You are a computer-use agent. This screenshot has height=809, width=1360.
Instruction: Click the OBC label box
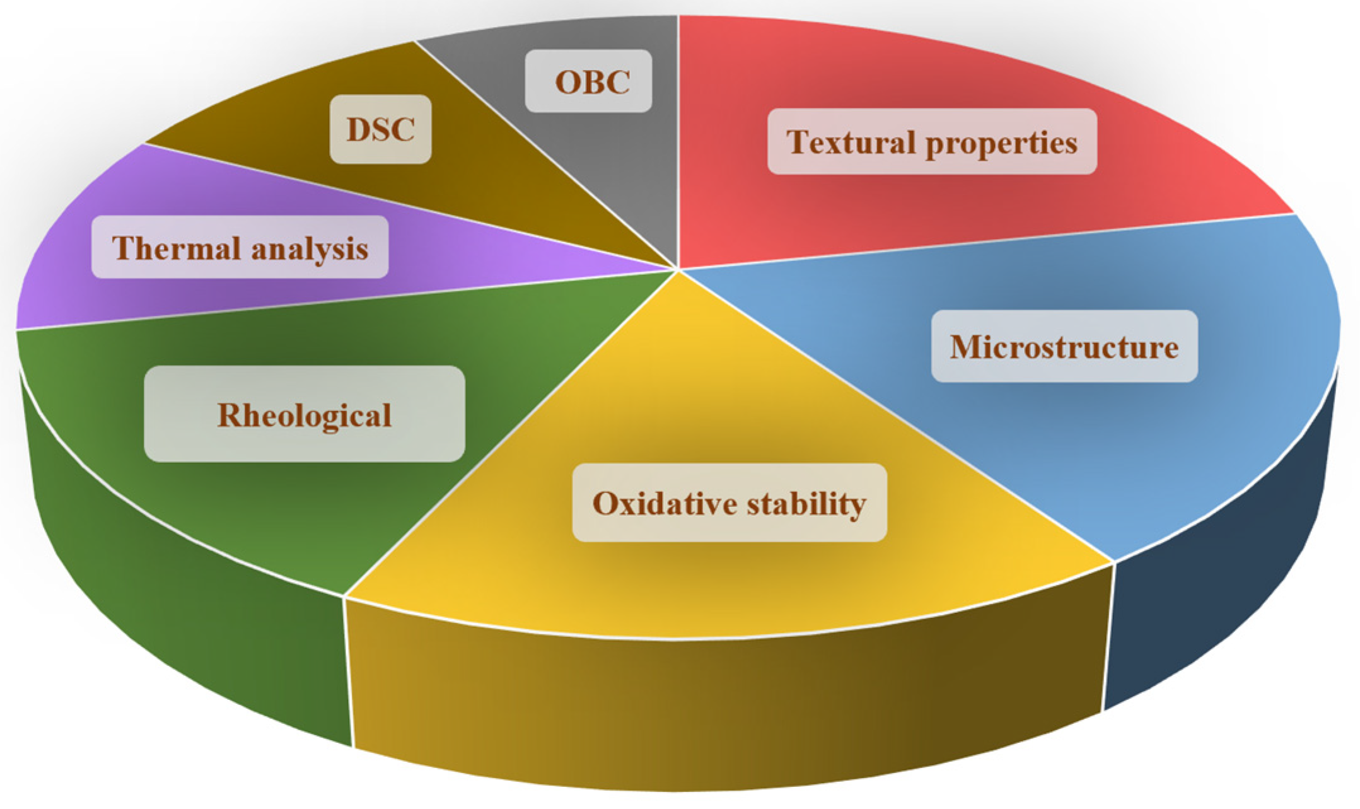click(588, 81)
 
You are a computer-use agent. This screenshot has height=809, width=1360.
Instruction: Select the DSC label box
click(381, 129)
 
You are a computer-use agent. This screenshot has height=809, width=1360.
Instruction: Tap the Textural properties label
click(932, 141)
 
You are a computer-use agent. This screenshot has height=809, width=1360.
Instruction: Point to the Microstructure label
click(1064, 346)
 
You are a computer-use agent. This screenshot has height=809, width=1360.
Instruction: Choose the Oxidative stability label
click(729, 503)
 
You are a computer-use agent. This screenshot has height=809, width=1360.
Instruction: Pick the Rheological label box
click(305, 414)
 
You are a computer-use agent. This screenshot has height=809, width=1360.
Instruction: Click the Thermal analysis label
click(240, 247)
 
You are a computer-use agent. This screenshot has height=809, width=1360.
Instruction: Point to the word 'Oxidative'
click(665, 503)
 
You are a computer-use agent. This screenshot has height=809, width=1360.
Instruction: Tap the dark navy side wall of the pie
click(1223, 567)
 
